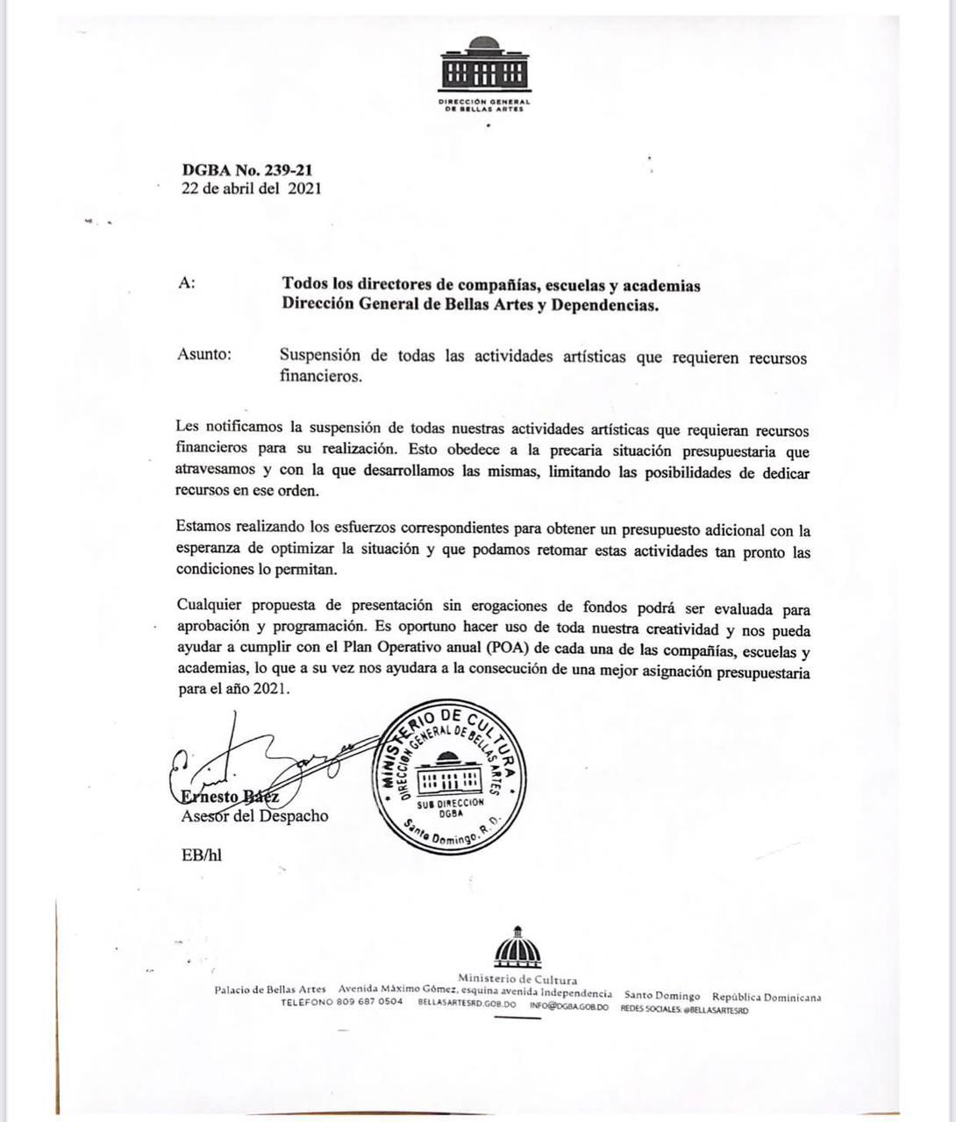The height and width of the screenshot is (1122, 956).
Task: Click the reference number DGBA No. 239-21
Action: click(x=247, y=170)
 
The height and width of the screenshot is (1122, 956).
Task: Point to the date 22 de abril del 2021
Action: click(x=251, y=188)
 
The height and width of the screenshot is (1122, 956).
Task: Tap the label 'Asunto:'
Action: click(x=204, y=354)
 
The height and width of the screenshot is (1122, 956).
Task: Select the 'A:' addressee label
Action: click(x=186, y=283)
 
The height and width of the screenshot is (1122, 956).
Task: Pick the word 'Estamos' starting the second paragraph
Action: click(x=204, y=527)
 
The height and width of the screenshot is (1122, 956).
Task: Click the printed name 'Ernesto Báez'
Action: click(x=230, y=797)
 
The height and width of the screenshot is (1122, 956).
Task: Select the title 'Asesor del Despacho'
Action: click(x=254, y=816)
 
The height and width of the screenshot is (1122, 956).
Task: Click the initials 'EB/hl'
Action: click(x=201, y=855)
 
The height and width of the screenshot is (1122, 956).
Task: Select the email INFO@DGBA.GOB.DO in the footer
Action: click(x=568, y=1007)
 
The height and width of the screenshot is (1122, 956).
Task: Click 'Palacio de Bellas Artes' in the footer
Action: click(x=270, y=990)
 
